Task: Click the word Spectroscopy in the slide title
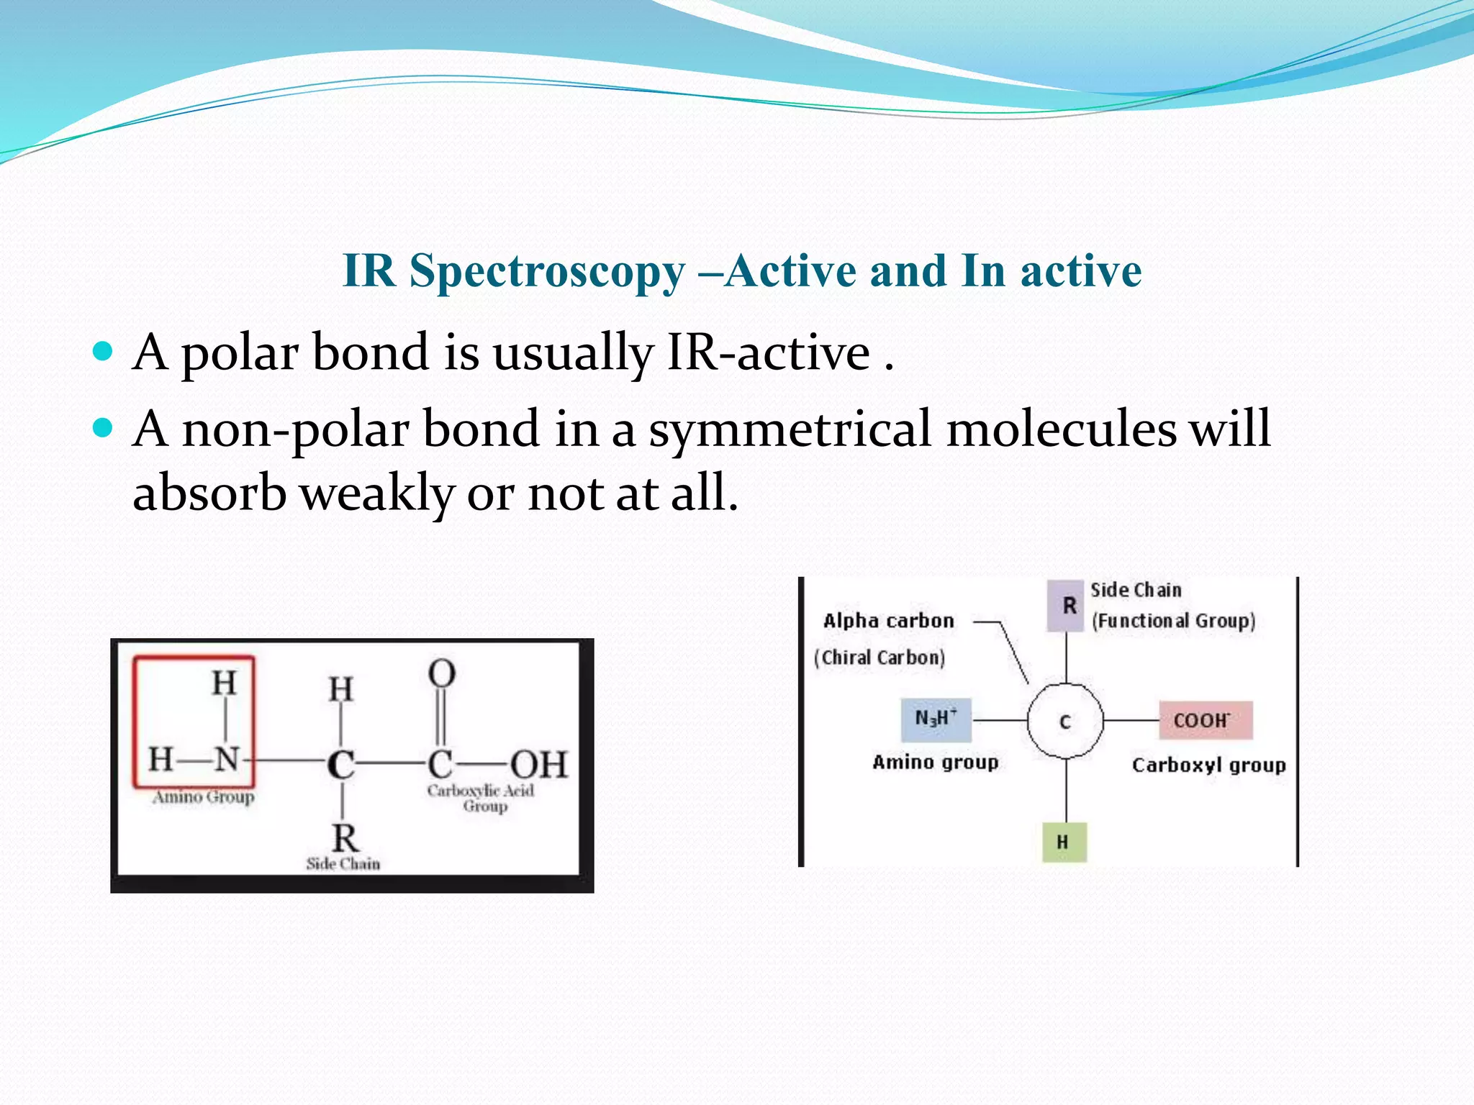547,272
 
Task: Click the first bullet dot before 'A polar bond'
104,352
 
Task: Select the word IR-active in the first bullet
768,353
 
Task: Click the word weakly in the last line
376,494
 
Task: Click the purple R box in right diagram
1065,606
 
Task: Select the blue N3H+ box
936,719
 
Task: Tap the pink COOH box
1206,720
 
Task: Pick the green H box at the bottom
1064,842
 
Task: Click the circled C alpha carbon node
1065,721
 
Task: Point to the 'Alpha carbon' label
888,621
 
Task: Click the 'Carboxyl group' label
1208,765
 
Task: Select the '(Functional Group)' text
1173,621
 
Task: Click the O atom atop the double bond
441,674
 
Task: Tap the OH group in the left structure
539,765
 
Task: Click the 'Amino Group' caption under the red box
203,797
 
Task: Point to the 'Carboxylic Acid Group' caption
481,798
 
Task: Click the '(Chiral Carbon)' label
880,658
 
